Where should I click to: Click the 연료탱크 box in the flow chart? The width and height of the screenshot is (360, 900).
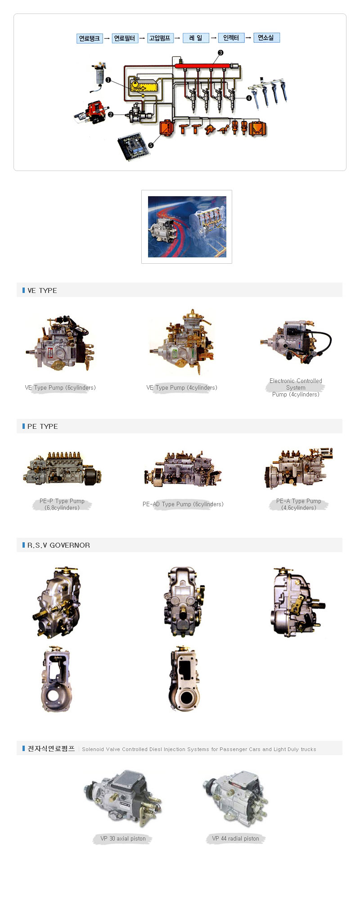[90, 38]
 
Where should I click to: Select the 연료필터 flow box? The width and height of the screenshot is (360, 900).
[124, 38]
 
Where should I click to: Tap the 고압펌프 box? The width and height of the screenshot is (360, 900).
[160, 38]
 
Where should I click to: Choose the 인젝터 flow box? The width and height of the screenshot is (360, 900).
[231, 38]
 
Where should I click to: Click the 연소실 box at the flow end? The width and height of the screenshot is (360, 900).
[266, 38]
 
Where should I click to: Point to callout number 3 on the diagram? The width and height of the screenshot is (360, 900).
[220, 53]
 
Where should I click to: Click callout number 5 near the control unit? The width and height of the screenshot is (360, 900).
[151, 145]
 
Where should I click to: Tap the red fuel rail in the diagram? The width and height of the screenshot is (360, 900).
[202, 66]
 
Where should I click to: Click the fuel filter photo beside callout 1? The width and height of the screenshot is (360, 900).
[98, 75]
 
